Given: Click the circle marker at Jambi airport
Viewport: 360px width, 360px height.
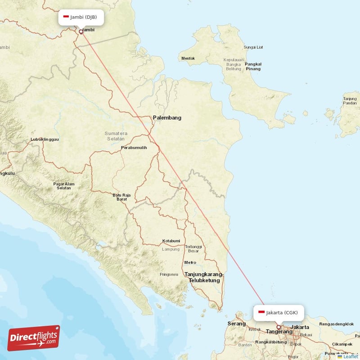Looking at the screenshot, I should click(x=81, y=32).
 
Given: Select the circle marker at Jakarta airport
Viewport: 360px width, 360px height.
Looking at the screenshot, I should click(x=279, y=327).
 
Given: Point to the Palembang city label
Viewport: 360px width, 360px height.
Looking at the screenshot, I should click(x=167, y=118).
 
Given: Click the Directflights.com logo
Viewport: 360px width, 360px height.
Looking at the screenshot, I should click(x=34, y=338).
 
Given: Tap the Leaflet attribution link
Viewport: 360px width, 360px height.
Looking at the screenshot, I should click(x=351, y=356).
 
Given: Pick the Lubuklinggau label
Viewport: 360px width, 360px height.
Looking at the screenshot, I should click(x=44, y=139).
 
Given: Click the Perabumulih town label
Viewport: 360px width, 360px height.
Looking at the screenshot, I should click(x=134, y=148).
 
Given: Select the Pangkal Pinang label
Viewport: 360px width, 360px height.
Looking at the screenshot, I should click(x=253, y=66).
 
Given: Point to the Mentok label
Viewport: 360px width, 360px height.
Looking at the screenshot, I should click(x=188, y=58).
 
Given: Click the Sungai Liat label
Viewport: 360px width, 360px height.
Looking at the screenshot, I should click(x=253, y=47).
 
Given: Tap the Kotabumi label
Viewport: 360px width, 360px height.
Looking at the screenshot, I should click(x=171, y=241).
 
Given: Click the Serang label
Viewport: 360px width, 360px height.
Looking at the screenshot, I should click(x=237, y=324).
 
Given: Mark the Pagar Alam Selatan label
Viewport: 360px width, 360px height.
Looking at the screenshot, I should click(x=64, y=186).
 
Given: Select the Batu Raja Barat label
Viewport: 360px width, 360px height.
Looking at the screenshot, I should click(x=121, y=197).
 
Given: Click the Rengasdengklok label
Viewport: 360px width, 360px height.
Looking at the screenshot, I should click(x=337, y=324).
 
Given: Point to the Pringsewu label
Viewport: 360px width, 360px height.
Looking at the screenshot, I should click(x=169, y=274).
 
